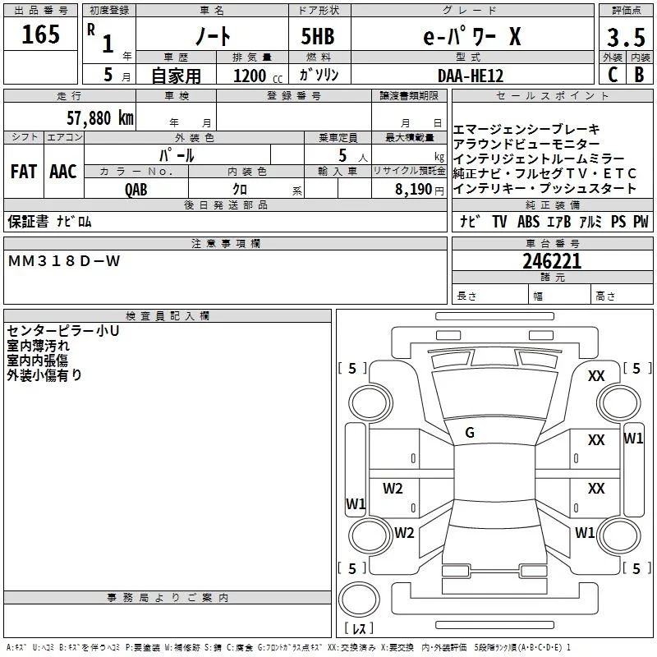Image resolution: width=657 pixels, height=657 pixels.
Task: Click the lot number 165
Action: [40, 34]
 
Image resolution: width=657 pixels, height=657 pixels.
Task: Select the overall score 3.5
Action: [626, 37]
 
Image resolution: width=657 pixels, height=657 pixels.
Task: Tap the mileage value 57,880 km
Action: [100, 118]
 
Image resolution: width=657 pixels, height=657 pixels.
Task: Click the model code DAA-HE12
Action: [470, 76]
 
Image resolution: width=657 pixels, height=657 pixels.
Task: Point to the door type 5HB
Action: [318, 36]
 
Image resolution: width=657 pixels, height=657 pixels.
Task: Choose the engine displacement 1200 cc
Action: [258, 76]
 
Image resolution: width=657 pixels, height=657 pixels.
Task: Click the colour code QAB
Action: [136, 190]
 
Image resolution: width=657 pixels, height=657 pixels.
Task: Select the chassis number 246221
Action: [552, 261]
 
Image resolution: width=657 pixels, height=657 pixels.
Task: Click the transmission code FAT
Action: [24, 172]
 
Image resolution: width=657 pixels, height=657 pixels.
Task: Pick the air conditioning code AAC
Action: [63, 172]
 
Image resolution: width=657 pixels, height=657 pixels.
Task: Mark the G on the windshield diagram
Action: [470, 433]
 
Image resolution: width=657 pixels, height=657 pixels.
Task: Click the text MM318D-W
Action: [64, 261]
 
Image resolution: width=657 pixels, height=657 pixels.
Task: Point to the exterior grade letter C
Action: [613, 75]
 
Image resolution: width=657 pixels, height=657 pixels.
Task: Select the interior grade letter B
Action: [640, 75]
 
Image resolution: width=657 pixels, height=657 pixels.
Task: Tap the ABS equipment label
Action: [528, 222]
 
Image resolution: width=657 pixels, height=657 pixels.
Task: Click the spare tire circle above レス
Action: [359, 599]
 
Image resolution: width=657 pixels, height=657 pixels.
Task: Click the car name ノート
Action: [213, 36]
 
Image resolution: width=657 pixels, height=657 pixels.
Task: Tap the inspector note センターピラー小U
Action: [63, 331]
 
